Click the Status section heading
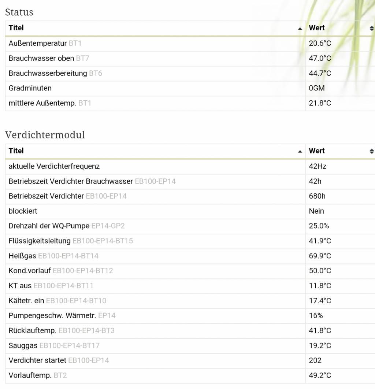pyautogui.click(x=19, y=12)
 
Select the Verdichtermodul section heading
pyautogui.click(x=45, y=135)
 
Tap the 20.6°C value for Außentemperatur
pyautogui.click(x=320, y=43)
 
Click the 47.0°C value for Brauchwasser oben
pyautogui.click(x=320, y=58)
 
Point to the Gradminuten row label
pyautogui.click(x=30, y=88)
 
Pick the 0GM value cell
pyautogui.click(x=317, y=88)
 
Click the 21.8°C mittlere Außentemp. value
pyautogui.click(x=320, y=103)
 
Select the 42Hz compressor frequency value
pyautogui.click(x=318, y=166)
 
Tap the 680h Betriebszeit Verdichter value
pyautogui.click(x=317, y=196)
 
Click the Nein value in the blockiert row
pyautogui.click(x=316, y=211)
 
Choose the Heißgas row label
pyautogui.click(x=22, y=256)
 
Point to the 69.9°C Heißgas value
pyautogui.click(x=320, y=256)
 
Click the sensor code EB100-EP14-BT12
pyautogui.click(x=83, y=271)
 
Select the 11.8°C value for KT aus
pyautogui.click(x=320, y=286)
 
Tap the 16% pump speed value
pyautogui.click(x=316, y=315)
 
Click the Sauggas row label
pyautogui.click(x=23, y=345)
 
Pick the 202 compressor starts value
pyautogui.click(x=315, y=360)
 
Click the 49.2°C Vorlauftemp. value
pyautogui.click(x=320, y=375)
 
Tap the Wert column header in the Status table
pyautogui.click(x=317, y=28)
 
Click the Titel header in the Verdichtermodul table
pyautogui.click(x=16, y=151)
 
